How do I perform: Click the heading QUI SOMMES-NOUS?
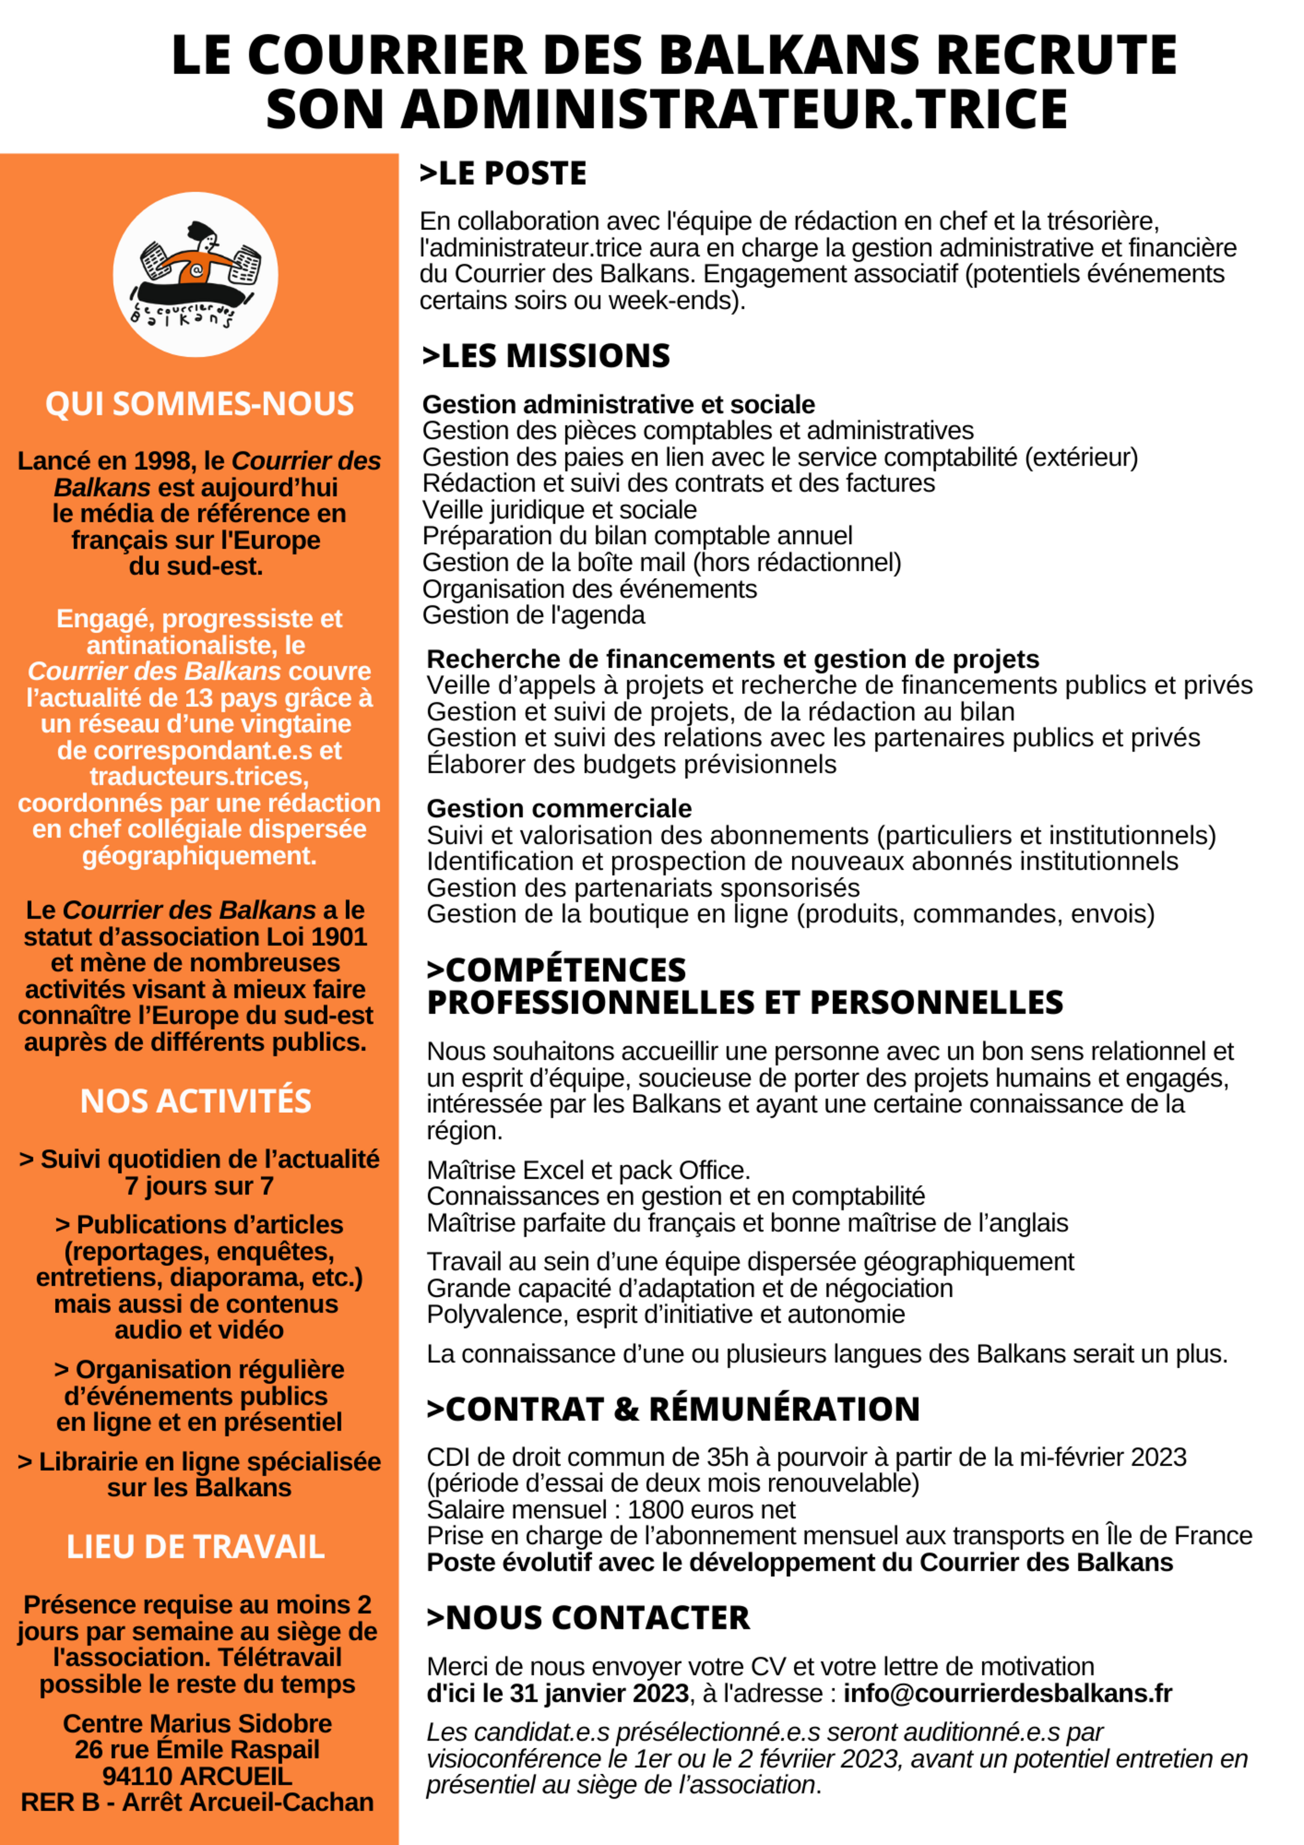pyautogui.click(x=199, y=403)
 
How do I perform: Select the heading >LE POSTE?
pyautogui.click(x=503, y=174)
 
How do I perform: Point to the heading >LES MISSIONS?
pyautogui.click(x=546, y=356)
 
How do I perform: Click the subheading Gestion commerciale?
pyautogui.click(x=558, y=809)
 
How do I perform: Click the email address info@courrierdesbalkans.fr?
pyautogui.click(x=1008, y=1693)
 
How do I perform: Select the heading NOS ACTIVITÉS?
pyautogui.click(x=195, y=1101)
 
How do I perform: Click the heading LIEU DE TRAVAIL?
pyautogui.click(x=195, y=1547)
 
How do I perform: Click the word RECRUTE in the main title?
pyautogui.click(x=1057, y=56)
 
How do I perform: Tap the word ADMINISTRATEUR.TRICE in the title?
pyautogui.click(x=734, y=109)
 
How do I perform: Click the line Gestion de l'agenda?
pyautogui.click(x=533, y=615)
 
